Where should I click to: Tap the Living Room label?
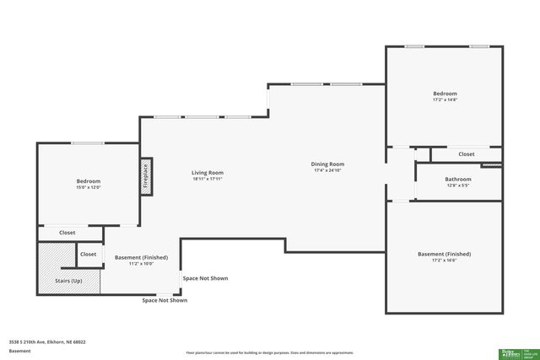pyautogui.click(x=207, y=173)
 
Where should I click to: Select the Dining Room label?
pyautogui.click(x=328, y=164)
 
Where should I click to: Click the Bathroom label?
pyautogui.click(x=458, y=179)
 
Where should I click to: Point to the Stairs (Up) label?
pyautogui.click(x=68, y=280)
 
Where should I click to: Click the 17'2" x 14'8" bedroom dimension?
pyautogui.click(x=445, y=100)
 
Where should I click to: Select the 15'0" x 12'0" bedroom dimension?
pyautogui.click(x=89, y=188)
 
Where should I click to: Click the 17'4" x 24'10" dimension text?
pyautogui.click(x=328, y=171)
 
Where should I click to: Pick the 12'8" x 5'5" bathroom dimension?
pyautogui.click(x=458, y=185)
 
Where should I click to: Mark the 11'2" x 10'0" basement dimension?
pyautogui.click(x=141, y=264)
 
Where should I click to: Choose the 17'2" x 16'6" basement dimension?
pyautogui.click(x=444, y=261)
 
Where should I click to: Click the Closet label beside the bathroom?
pyautogui.click(x=467, y=154)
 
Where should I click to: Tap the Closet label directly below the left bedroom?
pyautogui.click(x=67, y=233)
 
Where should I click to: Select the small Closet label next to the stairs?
pyautogui.click(x=88, y=254)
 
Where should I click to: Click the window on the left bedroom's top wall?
pyautogui.click(x=87, y=143)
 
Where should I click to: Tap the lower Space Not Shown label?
pyautogui.click(x=165, y=300)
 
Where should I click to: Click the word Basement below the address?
pyautogui.click(x=19, y=350)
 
